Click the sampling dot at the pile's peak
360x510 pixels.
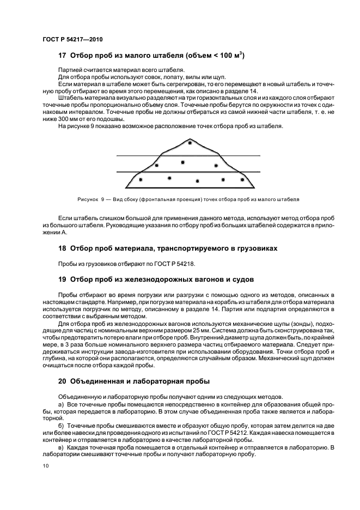click(190, 142)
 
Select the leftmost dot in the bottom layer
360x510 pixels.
click(141, 179)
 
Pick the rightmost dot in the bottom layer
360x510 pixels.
click(239, 178)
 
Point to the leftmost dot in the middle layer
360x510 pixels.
click(157, 165)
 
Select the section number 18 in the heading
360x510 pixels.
click(62, 248)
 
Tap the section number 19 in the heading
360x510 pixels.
click(62, 280)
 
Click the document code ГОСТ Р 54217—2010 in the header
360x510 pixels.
click(72, 40)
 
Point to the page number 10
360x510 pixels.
click(46, 466)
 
